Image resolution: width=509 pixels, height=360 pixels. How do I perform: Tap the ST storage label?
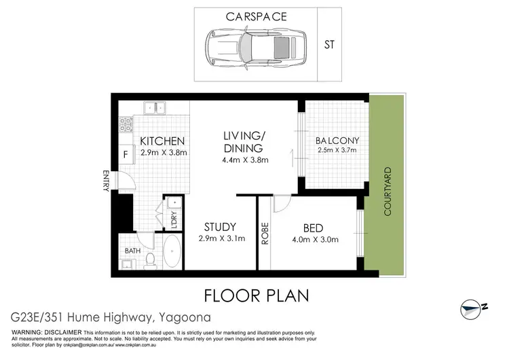pos(330,46)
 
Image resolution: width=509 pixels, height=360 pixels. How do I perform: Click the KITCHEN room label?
pos(163,141)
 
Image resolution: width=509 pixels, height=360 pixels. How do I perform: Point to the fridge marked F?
pos(126,154)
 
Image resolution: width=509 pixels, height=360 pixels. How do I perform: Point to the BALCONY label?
pos(337,141)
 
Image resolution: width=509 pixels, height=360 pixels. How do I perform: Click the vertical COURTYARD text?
pos(388,192)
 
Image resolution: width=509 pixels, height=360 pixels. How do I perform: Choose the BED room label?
pos(314,228)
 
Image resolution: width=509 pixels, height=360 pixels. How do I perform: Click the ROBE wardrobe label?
pos(265,233)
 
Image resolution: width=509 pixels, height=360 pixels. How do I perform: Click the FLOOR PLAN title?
pos(257,295)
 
